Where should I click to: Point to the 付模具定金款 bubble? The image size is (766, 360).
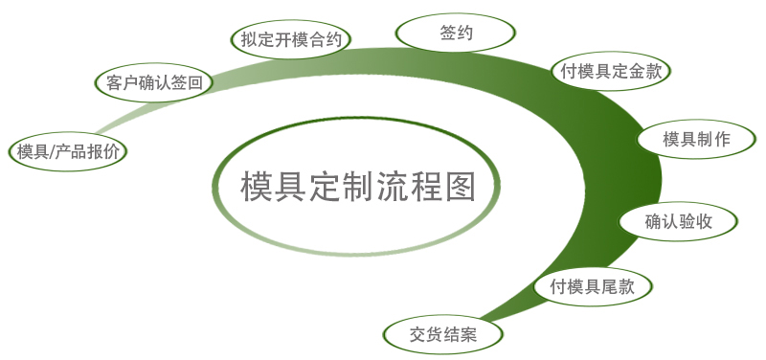(611, 71)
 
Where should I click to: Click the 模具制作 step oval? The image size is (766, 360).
(696, 139)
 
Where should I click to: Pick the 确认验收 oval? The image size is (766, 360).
(679, 222)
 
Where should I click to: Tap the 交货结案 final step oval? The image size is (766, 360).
(443, 334)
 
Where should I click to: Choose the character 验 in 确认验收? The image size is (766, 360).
(687, 222)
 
